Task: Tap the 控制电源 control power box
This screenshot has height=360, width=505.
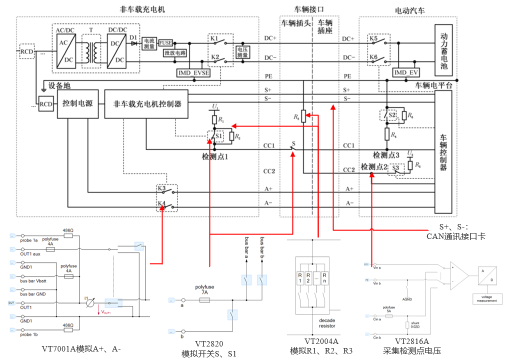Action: (x=77, y=104)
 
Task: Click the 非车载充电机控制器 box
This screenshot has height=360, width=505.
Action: (x=145, y=104)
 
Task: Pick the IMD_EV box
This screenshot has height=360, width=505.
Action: (x=405, y=73)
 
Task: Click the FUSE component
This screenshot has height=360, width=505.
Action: (x=165, y=43)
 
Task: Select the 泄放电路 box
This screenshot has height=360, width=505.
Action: (x=174, y=53)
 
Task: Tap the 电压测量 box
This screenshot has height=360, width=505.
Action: (x=242, y=52)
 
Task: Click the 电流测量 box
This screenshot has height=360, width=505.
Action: (x=149, y=43)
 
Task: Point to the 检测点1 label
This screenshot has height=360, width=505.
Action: (x=214, y=156)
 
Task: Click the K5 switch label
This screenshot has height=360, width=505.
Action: (x=373, y=38)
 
